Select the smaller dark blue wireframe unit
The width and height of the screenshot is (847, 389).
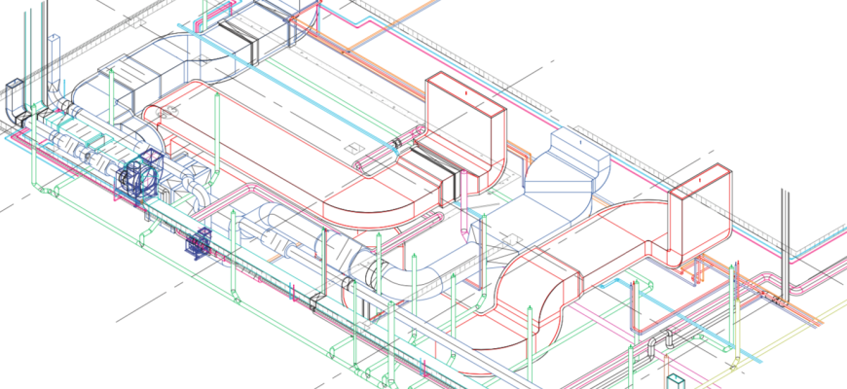coord(200,243)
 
